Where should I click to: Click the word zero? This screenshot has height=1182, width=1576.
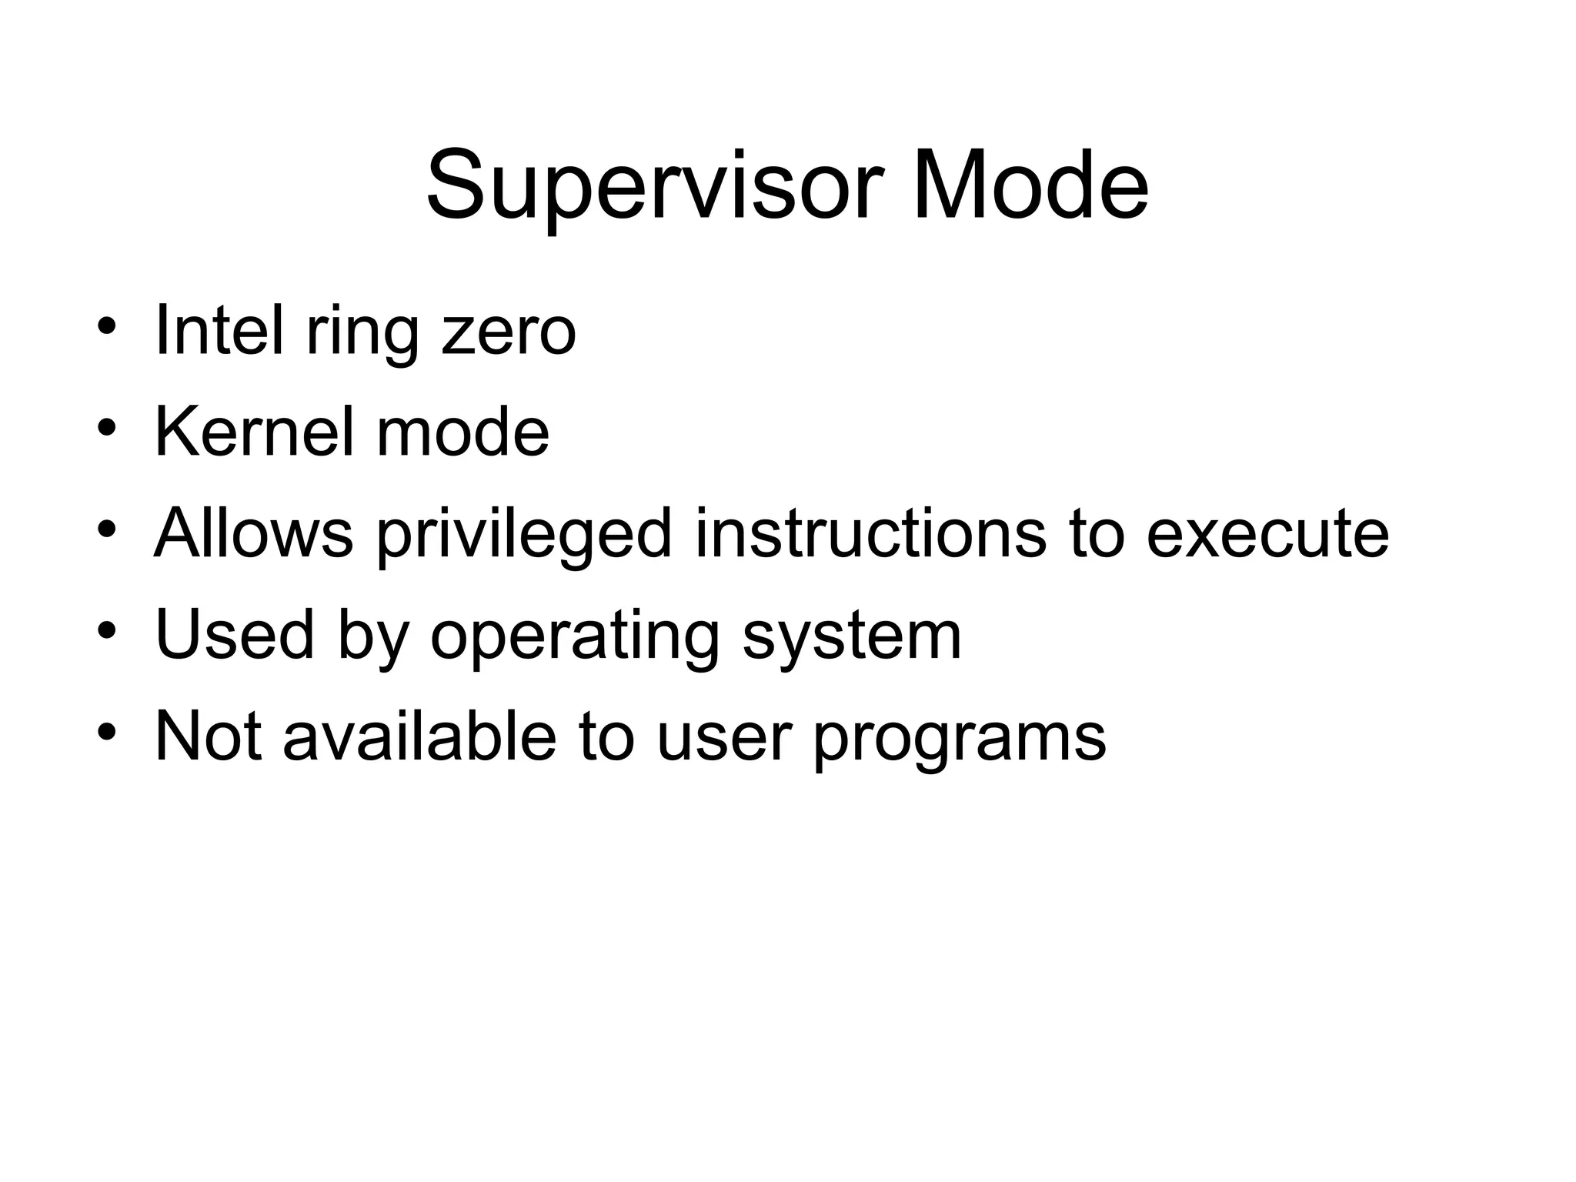[509, 332]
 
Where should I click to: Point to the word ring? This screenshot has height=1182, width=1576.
[362, 332]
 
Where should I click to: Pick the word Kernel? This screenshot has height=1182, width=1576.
[254, 432]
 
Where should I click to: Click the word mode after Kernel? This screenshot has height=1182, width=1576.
[462, 432]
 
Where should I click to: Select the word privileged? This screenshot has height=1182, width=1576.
[524, 535]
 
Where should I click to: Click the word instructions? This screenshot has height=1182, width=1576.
[870, 533]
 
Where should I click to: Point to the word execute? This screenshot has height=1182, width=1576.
[1267, 533]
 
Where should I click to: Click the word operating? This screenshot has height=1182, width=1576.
[575, 636]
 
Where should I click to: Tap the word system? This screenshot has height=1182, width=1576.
[852, 636]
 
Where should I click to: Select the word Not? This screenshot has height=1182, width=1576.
[207, 736]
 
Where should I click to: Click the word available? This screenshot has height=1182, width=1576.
[419, 736]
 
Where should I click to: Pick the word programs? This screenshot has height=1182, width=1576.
[960, 737]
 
